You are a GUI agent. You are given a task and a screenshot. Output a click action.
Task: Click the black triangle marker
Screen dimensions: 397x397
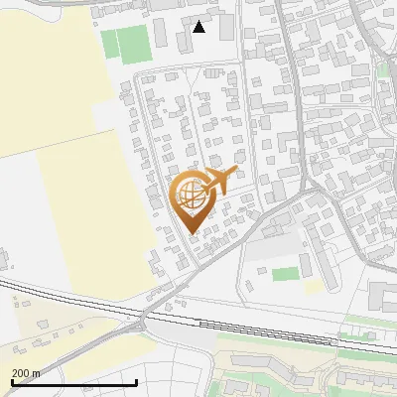tap(199, 27)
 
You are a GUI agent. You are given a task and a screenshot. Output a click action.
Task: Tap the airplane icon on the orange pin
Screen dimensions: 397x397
tap(219, 181)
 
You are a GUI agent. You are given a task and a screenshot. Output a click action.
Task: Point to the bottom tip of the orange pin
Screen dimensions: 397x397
tap(193, 231)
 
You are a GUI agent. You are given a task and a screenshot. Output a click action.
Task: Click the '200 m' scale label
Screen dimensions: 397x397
tap(26, 373)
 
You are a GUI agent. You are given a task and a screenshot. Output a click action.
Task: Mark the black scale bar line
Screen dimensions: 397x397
tap(73, 382)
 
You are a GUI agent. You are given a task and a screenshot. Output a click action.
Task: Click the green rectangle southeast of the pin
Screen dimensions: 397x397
tap(285, 273)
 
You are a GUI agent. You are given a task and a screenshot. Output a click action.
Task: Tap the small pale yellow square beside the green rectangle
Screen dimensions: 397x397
tap(313, 286)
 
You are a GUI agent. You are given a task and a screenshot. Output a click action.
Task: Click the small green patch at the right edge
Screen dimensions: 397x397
tap(381, 69)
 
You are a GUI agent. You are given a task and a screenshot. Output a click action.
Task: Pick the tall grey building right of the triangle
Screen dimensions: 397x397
tap(227, 27)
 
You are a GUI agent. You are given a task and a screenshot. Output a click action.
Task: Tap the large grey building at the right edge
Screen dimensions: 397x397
tap(383, 295)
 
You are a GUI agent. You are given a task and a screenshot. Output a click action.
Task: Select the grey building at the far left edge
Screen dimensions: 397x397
tap(3, 260)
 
